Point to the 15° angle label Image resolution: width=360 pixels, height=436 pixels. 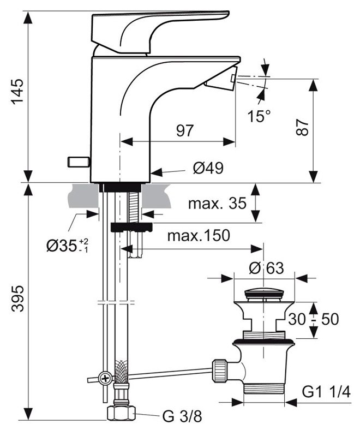[258, 116]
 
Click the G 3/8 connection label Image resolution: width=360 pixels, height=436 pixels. [182, 417]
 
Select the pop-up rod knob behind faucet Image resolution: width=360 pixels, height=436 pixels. [78, 162]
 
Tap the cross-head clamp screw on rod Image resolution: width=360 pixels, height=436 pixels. [104, 378]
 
